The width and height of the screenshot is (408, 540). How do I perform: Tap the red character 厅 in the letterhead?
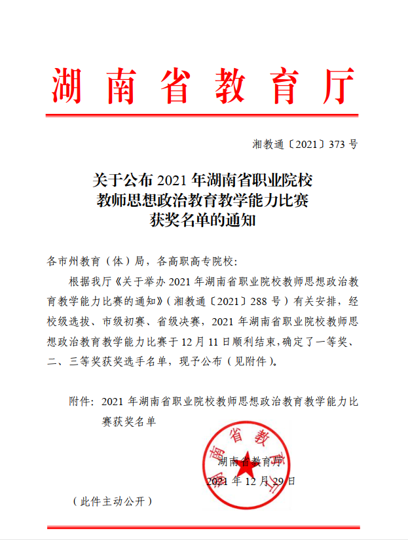click(x=337, y=85)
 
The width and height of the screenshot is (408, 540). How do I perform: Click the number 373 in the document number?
click(x=335, y=145)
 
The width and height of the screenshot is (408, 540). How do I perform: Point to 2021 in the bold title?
click(x=173, y=179)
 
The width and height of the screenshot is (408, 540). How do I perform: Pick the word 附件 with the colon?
click(x=82, y=401)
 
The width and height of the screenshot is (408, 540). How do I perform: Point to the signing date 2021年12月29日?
click(x=251, y=481)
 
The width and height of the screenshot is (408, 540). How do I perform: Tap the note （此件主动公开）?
click(x=113, y=502)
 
